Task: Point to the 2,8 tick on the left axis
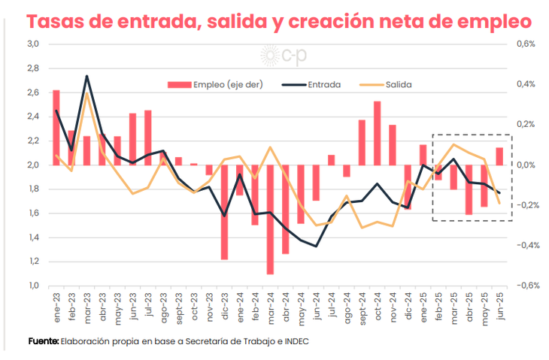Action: (x=33, y=68)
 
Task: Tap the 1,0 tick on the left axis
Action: (x=33, y=286)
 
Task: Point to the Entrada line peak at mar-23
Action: (x=87, y=77)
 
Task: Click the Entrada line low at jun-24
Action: (x=316, y=246)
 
